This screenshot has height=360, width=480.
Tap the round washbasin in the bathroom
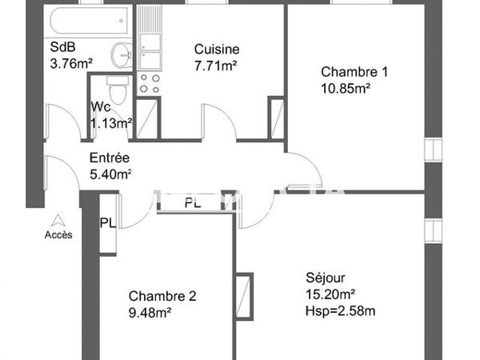pos(121,54)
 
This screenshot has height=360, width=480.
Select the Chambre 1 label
pos(354,72)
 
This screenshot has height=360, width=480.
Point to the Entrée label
pos(110,158)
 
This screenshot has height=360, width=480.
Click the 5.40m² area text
pos(110,173)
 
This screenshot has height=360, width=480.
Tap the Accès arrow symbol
pos(58,219)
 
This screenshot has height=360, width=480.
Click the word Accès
pos(58,234)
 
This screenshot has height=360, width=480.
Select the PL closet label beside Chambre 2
pos(107,223)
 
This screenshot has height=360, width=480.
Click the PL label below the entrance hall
pos(193,203)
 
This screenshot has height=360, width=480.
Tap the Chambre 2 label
pos(162,297)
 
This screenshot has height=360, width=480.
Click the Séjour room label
pos(326,278)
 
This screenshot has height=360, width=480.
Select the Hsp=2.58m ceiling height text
pos(341,309)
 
